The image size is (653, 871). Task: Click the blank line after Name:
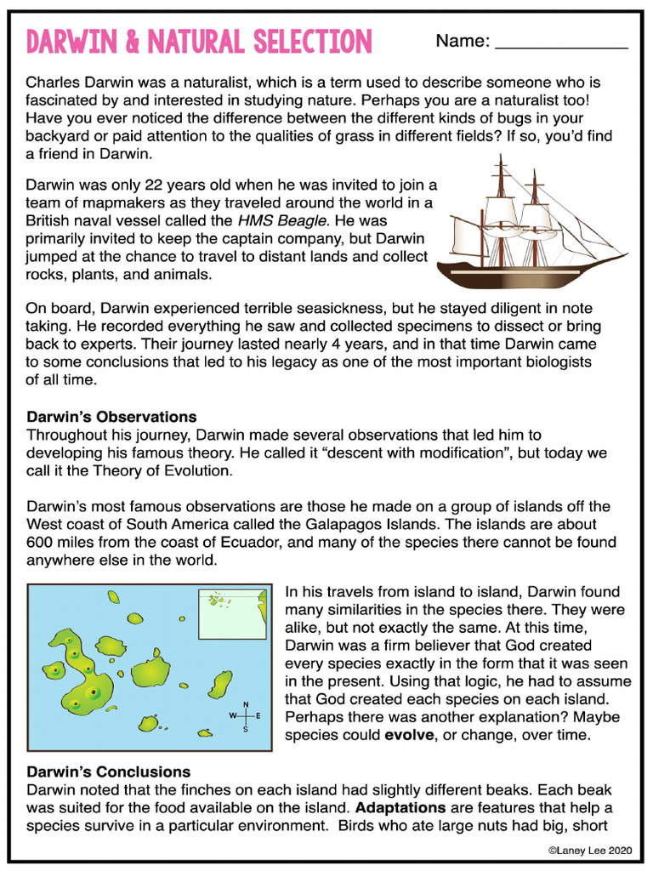[x=561, y=43]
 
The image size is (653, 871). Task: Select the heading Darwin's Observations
[x=111, y=417]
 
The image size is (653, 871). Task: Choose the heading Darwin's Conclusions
[x=108, y=771]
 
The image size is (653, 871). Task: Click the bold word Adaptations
[x=400, y=807]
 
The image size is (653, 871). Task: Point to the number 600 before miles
[x=40, y=543]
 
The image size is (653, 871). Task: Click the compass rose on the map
[x=246, y=716]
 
